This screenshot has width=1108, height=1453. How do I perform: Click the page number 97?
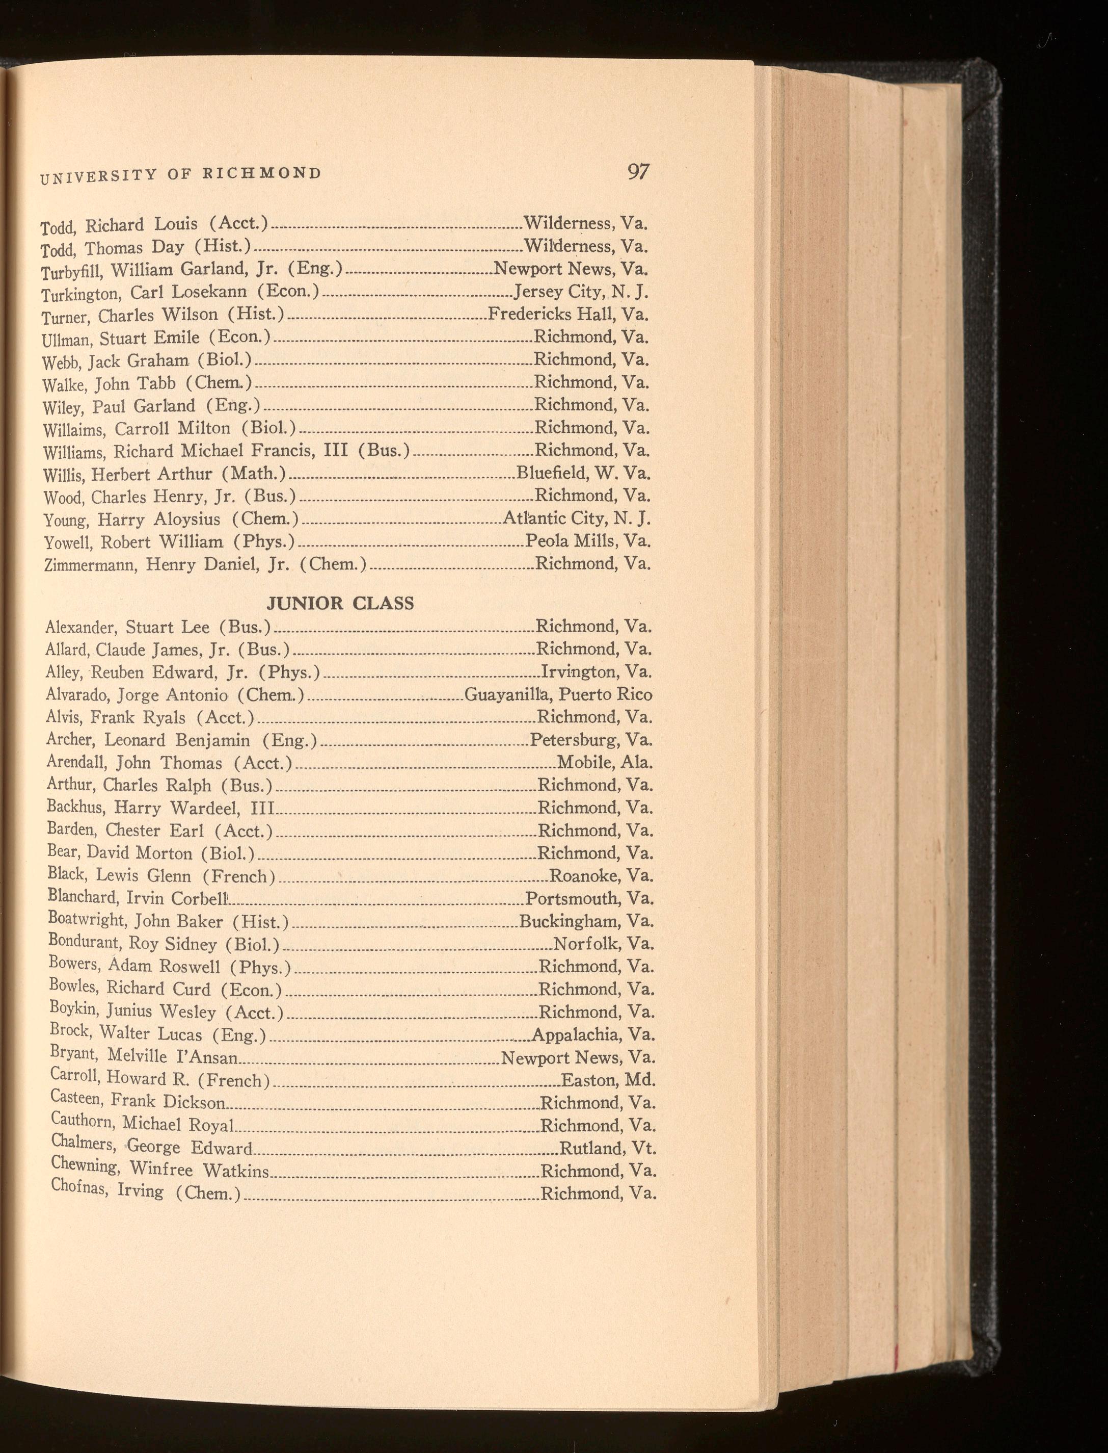[x=638, y=172]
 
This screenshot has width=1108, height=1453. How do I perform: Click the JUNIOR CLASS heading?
[x=340, y=603]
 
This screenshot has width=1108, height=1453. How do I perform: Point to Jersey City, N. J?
[x=581, y=291]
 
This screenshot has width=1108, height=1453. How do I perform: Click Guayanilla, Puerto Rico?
[x=558, y=694]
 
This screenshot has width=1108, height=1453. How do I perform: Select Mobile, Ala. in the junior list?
[x=605, y=763]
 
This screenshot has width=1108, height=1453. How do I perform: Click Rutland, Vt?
[x=607, y=1148]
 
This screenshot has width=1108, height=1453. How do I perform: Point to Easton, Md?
[x=608, y=1080]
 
